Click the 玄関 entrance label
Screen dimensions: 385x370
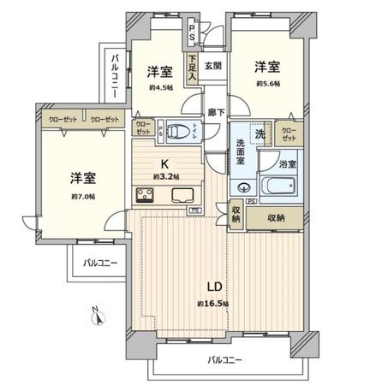213,66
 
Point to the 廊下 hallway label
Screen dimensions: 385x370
215,111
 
